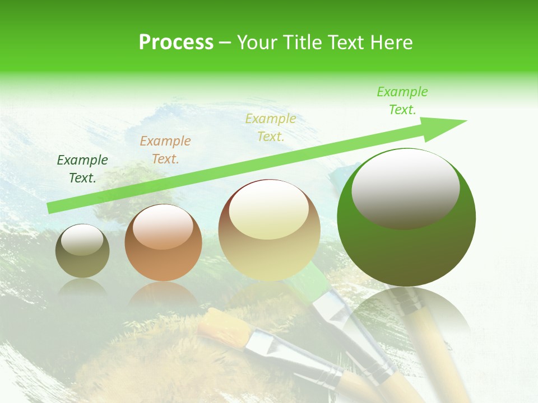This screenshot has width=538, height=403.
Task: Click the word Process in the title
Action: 176,43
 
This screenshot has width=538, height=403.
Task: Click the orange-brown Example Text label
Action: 165,150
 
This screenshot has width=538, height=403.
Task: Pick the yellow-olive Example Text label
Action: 271,127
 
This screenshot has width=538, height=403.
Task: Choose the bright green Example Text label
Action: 402,101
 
